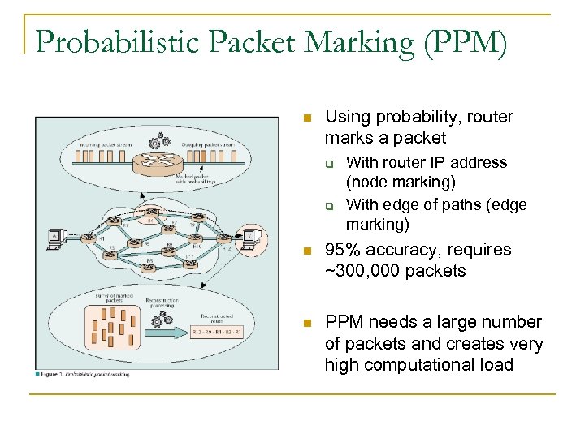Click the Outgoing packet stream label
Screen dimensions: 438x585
pyautogui.click(x=213, y=144)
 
